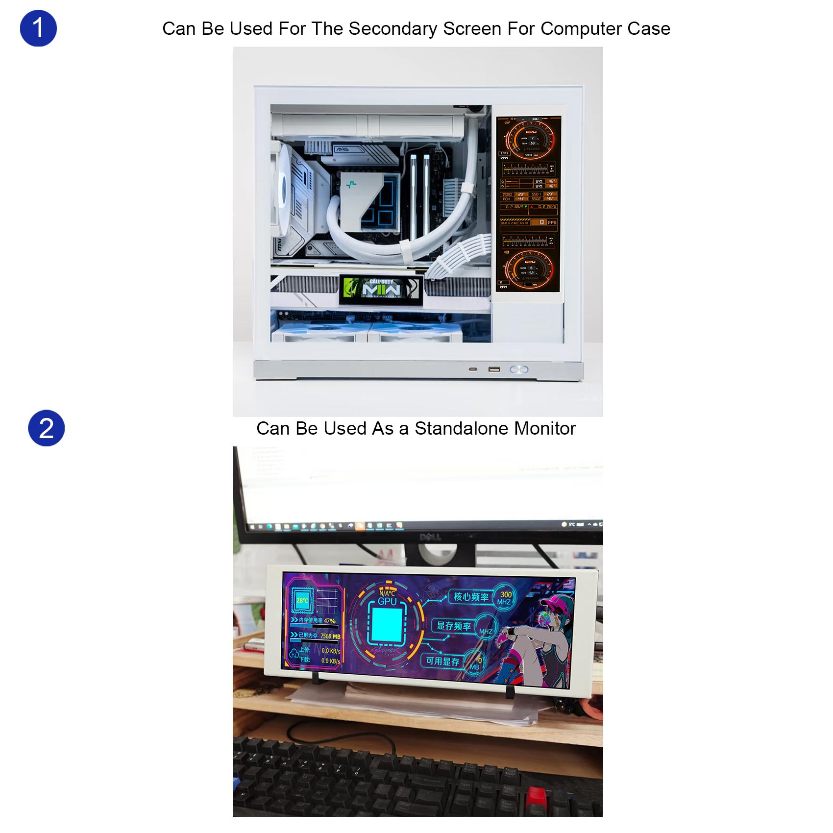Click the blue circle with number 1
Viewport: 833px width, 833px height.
(x=38, y=28)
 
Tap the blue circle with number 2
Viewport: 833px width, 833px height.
(x=46, y=428)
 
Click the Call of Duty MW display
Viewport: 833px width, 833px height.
(x=381, y=289)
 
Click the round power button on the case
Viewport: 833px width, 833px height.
(x=518, y=369)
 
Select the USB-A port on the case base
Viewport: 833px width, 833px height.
(x=494, y=369)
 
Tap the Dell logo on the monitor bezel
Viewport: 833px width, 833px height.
(x=430, y=537)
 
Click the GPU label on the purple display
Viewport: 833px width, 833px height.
(x=387, y=601)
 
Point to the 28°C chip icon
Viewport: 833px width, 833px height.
(x=302, y=600)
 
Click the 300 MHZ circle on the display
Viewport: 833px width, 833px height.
(x=505, y=597)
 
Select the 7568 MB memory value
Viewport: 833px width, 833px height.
(x=330, y=636)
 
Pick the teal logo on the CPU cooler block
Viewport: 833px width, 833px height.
(x=351, y=185)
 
